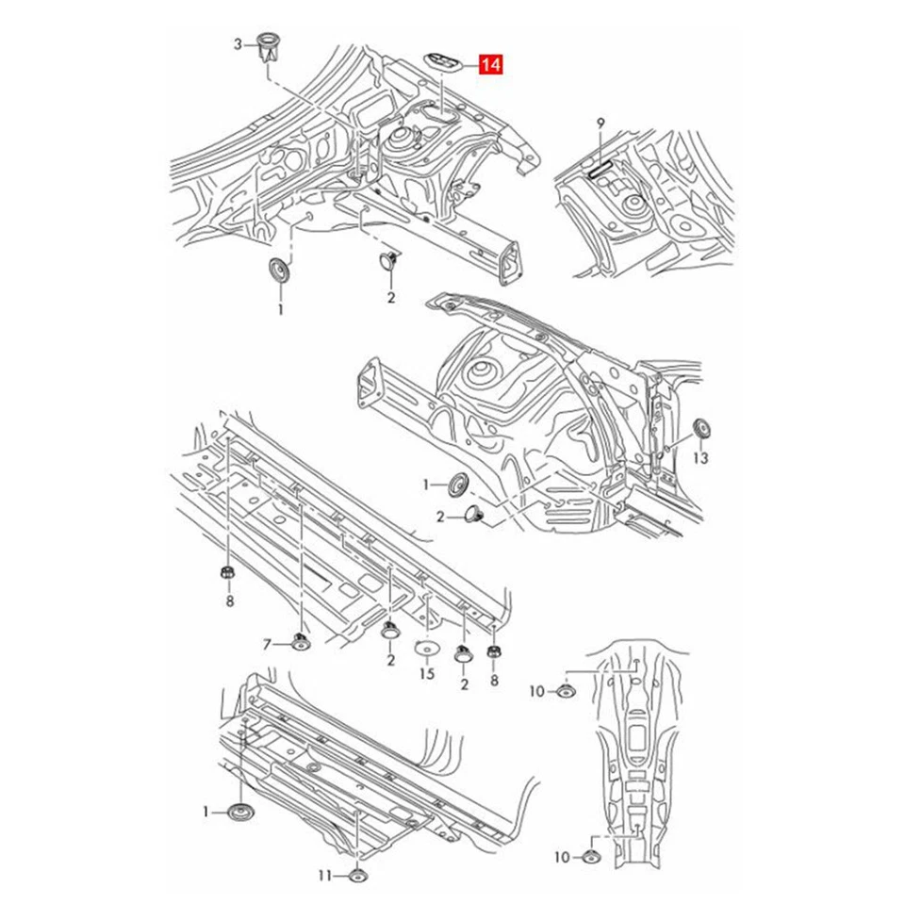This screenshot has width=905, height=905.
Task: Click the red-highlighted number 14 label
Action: tap(490, 65)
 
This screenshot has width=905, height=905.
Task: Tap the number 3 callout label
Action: tap(239, 43)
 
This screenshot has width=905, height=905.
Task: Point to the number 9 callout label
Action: tap(600, 123)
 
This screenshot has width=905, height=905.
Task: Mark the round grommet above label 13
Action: tap(700, 428)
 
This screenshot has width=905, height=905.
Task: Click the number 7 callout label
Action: tap(267, 644)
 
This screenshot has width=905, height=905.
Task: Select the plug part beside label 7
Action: tap(300, 643)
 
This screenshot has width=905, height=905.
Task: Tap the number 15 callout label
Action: tap(426, 675)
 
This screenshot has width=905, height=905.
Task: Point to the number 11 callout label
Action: tap(324, 876)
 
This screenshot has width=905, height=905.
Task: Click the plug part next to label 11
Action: tap(358, 876)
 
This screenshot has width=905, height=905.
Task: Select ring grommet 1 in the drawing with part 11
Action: tap(242, 812)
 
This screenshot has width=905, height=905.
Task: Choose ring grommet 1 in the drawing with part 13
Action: tap(458, 485)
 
